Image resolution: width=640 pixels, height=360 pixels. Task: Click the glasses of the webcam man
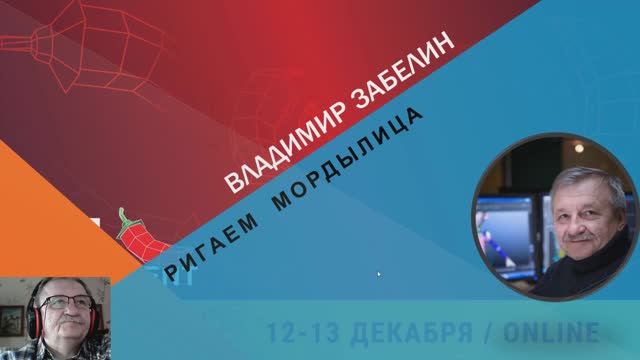(x=62, y=306)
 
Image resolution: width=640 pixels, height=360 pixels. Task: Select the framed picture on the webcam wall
(x=10, y=321)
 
